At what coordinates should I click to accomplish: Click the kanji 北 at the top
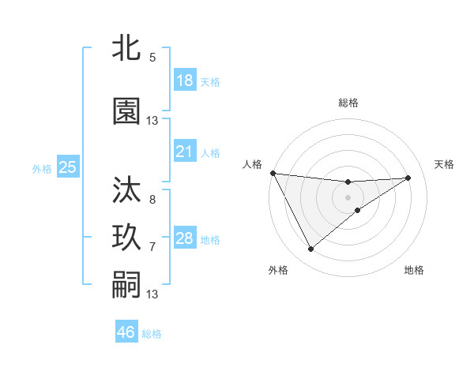click(x=126, y=48)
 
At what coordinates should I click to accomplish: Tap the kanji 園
click(x=126, y=111)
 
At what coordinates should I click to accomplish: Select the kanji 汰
click(x=126, y=190)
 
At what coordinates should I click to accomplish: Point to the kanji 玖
click(x=126, y=238)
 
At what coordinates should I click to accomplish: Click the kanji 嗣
click(x=126, y=285)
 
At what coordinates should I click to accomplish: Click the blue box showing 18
click(x=185, y=81)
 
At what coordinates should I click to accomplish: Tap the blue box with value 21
click(x=185, y=152)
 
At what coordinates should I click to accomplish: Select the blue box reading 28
click(x=185, y=238)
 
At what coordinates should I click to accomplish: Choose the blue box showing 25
click(x=67, y=167)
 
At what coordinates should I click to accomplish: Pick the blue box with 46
click(x=126, y=332)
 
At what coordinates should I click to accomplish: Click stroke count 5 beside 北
click(x=152, y=57)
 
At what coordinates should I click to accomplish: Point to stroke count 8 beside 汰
click(x=152, y=200)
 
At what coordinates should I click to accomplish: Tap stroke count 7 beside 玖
click(x=152, y=247)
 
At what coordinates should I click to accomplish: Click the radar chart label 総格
click(x=348, y=103)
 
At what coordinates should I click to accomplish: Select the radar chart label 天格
click(x=445, y=164)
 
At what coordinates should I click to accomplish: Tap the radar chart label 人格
click(x=252, y=164)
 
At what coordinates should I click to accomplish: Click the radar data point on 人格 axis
click(x=273, y=173)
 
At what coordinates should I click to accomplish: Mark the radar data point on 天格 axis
click(x=408, y=178)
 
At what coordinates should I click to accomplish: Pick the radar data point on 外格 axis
click(x=310, y=249)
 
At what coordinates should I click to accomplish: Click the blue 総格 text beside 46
click(x=152, y=334)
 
